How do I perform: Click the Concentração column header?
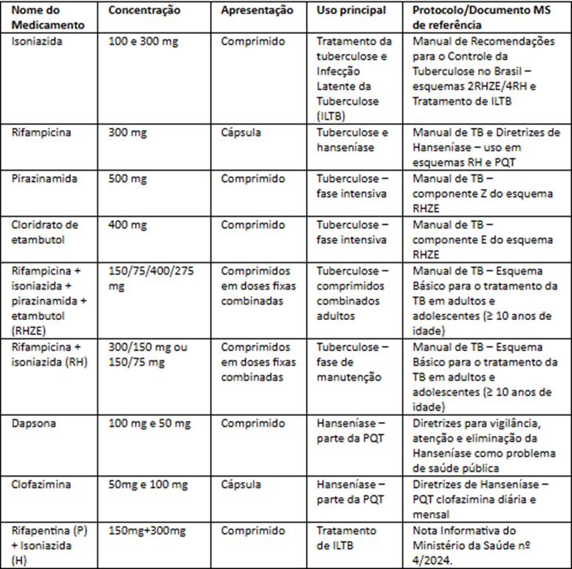[x=144, y=11]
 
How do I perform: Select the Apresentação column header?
[x=256, y=11]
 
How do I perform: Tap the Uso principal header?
[x=350, y=11]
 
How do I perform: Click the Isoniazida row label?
[x=37, y=41]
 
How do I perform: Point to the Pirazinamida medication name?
[x=43, y=179]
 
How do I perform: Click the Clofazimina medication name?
[x=41, y=485]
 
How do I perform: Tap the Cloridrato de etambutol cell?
[x=44, y=232]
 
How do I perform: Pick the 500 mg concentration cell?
[x=128, y=179]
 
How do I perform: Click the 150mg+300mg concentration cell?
[x=146, y=531]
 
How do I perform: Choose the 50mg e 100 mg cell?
[x=149, y=485]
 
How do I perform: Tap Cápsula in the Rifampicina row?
[x=241, y=133]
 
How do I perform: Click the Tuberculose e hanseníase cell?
[x=353, y=140]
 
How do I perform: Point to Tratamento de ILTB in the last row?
[x=347, y=538]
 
